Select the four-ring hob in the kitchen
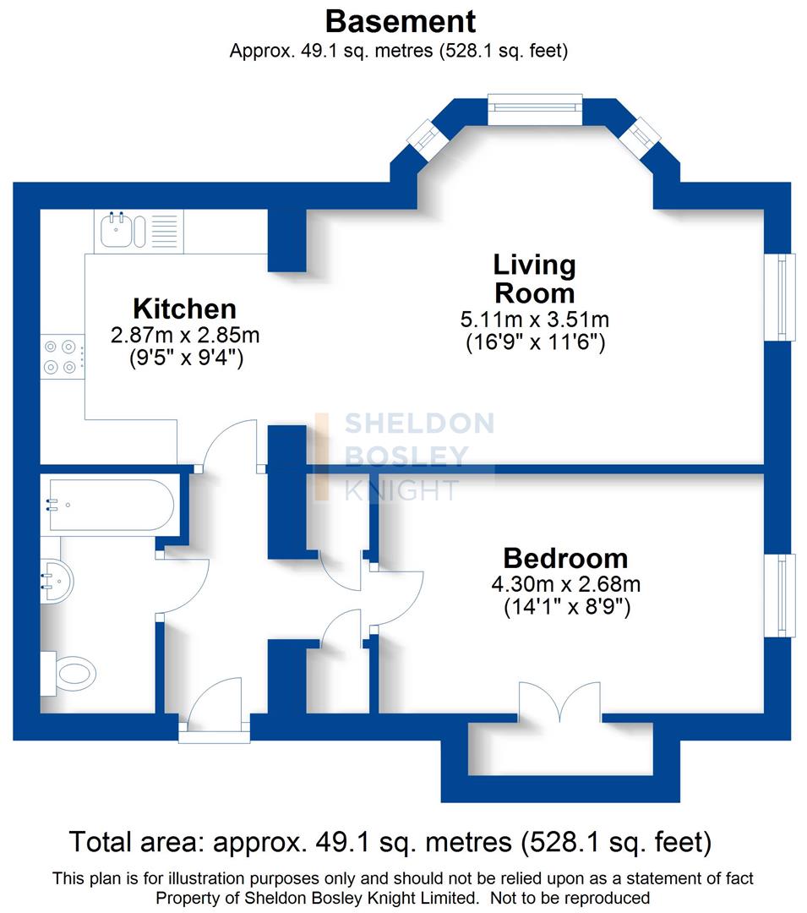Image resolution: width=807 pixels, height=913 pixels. (x=62, y=356)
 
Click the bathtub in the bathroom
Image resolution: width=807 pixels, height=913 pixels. (x=109, y=506)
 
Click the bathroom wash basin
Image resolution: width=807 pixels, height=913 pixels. (x=56, y=580)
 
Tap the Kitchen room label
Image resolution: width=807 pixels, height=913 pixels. (x=184, y=308)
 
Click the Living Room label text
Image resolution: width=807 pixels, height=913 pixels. (x=534, y=279)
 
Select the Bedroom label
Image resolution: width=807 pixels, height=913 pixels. (x=565, y=558)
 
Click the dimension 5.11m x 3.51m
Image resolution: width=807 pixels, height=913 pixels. (x=534, y=320)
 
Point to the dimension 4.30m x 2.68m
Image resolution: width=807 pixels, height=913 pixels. (x=565, y=584)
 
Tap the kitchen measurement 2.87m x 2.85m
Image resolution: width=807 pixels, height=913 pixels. (x=184, y=335)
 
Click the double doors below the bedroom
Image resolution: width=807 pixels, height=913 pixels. (x=560, y=702)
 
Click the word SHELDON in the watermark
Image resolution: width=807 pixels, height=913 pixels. (x=419, y=424)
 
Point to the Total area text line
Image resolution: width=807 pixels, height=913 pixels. (x=390, y=842)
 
